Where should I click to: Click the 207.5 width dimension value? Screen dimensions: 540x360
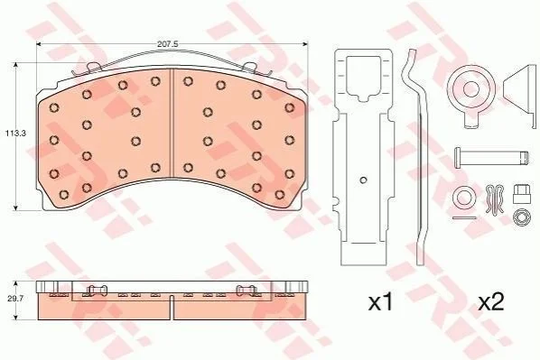pyautogui.click(x=167, y=44)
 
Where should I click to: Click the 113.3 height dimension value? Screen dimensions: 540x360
pyautogui.click(x=15, y=133)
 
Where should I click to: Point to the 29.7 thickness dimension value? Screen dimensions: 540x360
pyautogui.click(x=16, y=299)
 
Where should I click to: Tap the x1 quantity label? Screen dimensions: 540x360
pyautogui.click(x=381, y=301)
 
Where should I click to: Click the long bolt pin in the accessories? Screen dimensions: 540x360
pyautogui.click(x=491, y=158)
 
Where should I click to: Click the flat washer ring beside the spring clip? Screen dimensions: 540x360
pyautogui.click(x=464, y=197)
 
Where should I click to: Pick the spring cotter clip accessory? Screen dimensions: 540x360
pyautogui.click(x=495, y=199)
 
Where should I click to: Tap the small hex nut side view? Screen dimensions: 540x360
pyautogui.click(x=520, y=195)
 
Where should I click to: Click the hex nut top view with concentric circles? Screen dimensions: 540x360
pyautogui.click(x=520, y=217)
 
